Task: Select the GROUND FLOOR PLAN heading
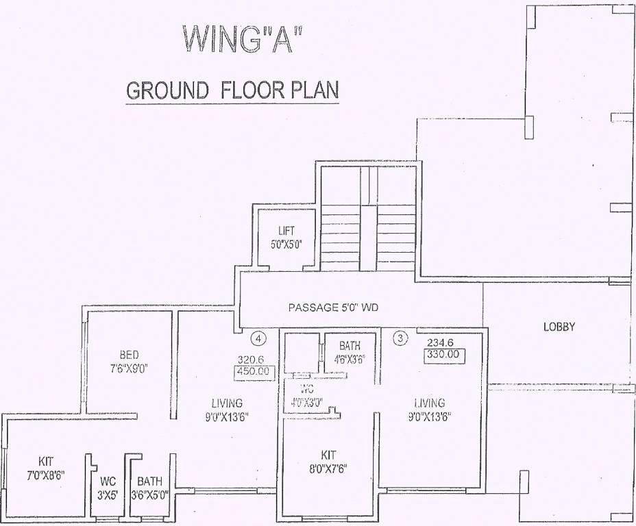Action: click(x=232, y=91)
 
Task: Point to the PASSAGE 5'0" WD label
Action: click(x=333, y=308)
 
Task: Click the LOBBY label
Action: click(x=559, y=327)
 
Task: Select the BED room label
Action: click(x=129, y=354)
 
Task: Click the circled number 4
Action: click(x=258, y=338)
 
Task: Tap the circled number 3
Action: click(x=402, y=337)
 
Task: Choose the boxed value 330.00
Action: click(x=445, y=355)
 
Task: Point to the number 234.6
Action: click(x=441, y=342)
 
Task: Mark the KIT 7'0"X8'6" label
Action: click(x=46, y=468)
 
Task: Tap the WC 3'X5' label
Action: click(x=108, y=488)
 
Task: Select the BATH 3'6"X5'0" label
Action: click(x=149, y=488)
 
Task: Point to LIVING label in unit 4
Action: click(x=226, y=410)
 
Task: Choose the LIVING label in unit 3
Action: click(x=429, y=410)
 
